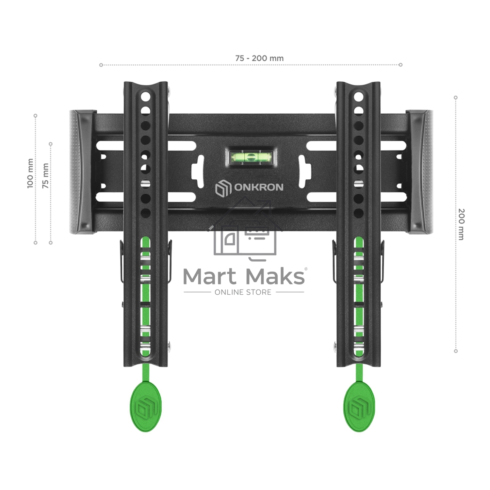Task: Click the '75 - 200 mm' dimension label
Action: (259, 58)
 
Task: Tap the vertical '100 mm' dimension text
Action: (30, 173)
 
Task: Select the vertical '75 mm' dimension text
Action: (45, 176)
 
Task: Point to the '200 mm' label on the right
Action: (461, 224)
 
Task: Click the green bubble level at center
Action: (251, 157)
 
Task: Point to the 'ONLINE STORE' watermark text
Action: (243, 292)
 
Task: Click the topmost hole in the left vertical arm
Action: (146, 96)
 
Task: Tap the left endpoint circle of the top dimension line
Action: (101, 65)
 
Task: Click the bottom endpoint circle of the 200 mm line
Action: (456, 351)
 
